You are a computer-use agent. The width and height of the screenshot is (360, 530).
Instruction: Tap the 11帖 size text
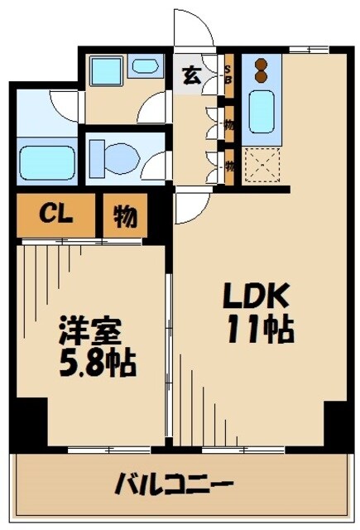click(259, 330)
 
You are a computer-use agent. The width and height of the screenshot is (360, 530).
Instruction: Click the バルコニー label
click(174, 484)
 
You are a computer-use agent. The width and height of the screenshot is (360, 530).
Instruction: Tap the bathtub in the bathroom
click(47, 161)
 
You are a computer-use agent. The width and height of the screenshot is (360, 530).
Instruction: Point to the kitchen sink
click(262, 110)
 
